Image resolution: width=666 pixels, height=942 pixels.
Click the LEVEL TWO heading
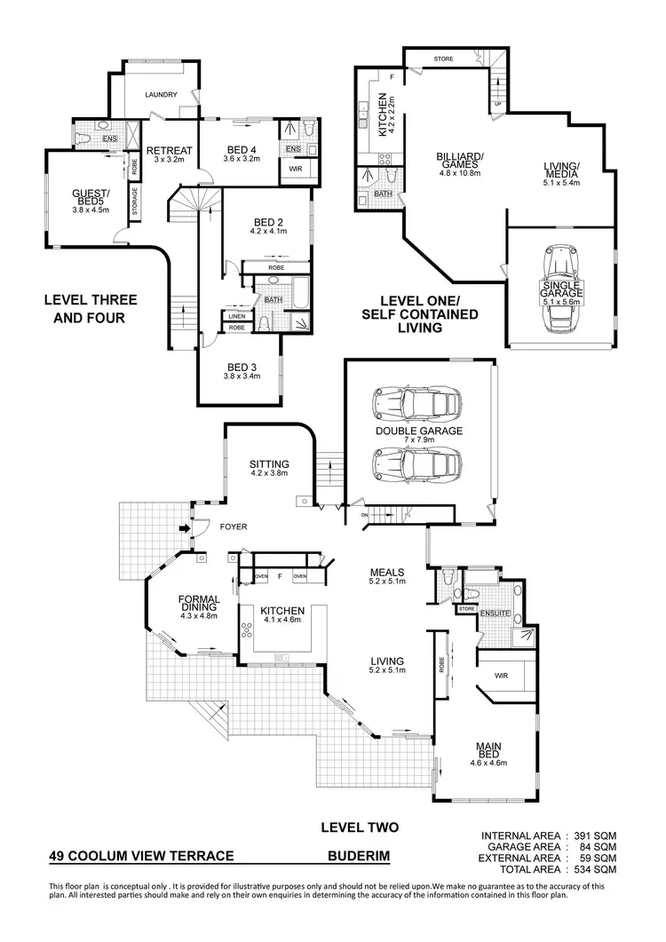click(x=359, y=827)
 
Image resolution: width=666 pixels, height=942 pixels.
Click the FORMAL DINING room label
click(x=199, y=604)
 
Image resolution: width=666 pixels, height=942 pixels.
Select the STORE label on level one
click(x=443, y=59)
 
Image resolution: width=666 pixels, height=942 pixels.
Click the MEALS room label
click(x=388, y=573)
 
